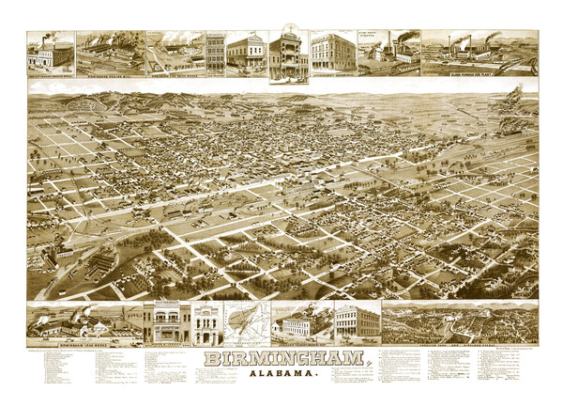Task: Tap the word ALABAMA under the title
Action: pos(282,377)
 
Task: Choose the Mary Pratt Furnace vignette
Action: pos(388,53)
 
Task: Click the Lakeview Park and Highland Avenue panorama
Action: pos(460,321)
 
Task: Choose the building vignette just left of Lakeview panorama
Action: pos(358,321)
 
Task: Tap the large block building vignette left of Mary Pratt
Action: pos(332,53)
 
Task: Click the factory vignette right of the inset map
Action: pos(300,322)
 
